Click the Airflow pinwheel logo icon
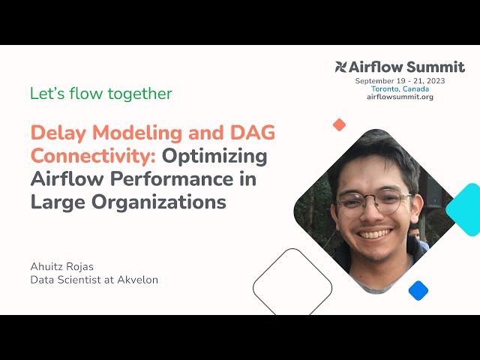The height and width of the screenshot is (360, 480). (341, 67)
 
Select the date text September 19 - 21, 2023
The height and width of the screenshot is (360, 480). (400, 80)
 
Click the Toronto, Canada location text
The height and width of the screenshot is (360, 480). (400, 88)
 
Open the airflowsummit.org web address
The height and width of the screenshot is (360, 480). (400, 97)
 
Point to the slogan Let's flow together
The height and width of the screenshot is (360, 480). (100, 94)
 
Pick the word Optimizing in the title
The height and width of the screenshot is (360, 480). (214, 157)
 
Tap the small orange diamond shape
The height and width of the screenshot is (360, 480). (339, 124)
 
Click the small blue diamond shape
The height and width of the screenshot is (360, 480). (418, 290)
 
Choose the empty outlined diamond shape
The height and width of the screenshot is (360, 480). (292, 285)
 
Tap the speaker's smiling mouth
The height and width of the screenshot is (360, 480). (376, 232)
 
